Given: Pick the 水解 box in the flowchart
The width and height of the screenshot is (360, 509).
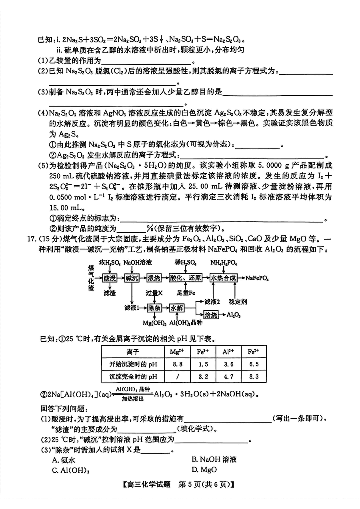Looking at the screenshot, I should [176, 308].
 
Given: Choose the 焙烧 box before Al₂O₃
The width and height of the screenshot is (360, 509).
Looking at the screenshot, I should [211, 315].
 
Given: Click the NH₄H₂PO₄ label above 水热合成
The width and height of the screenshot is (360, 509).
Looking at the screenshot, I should [224, 263].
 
